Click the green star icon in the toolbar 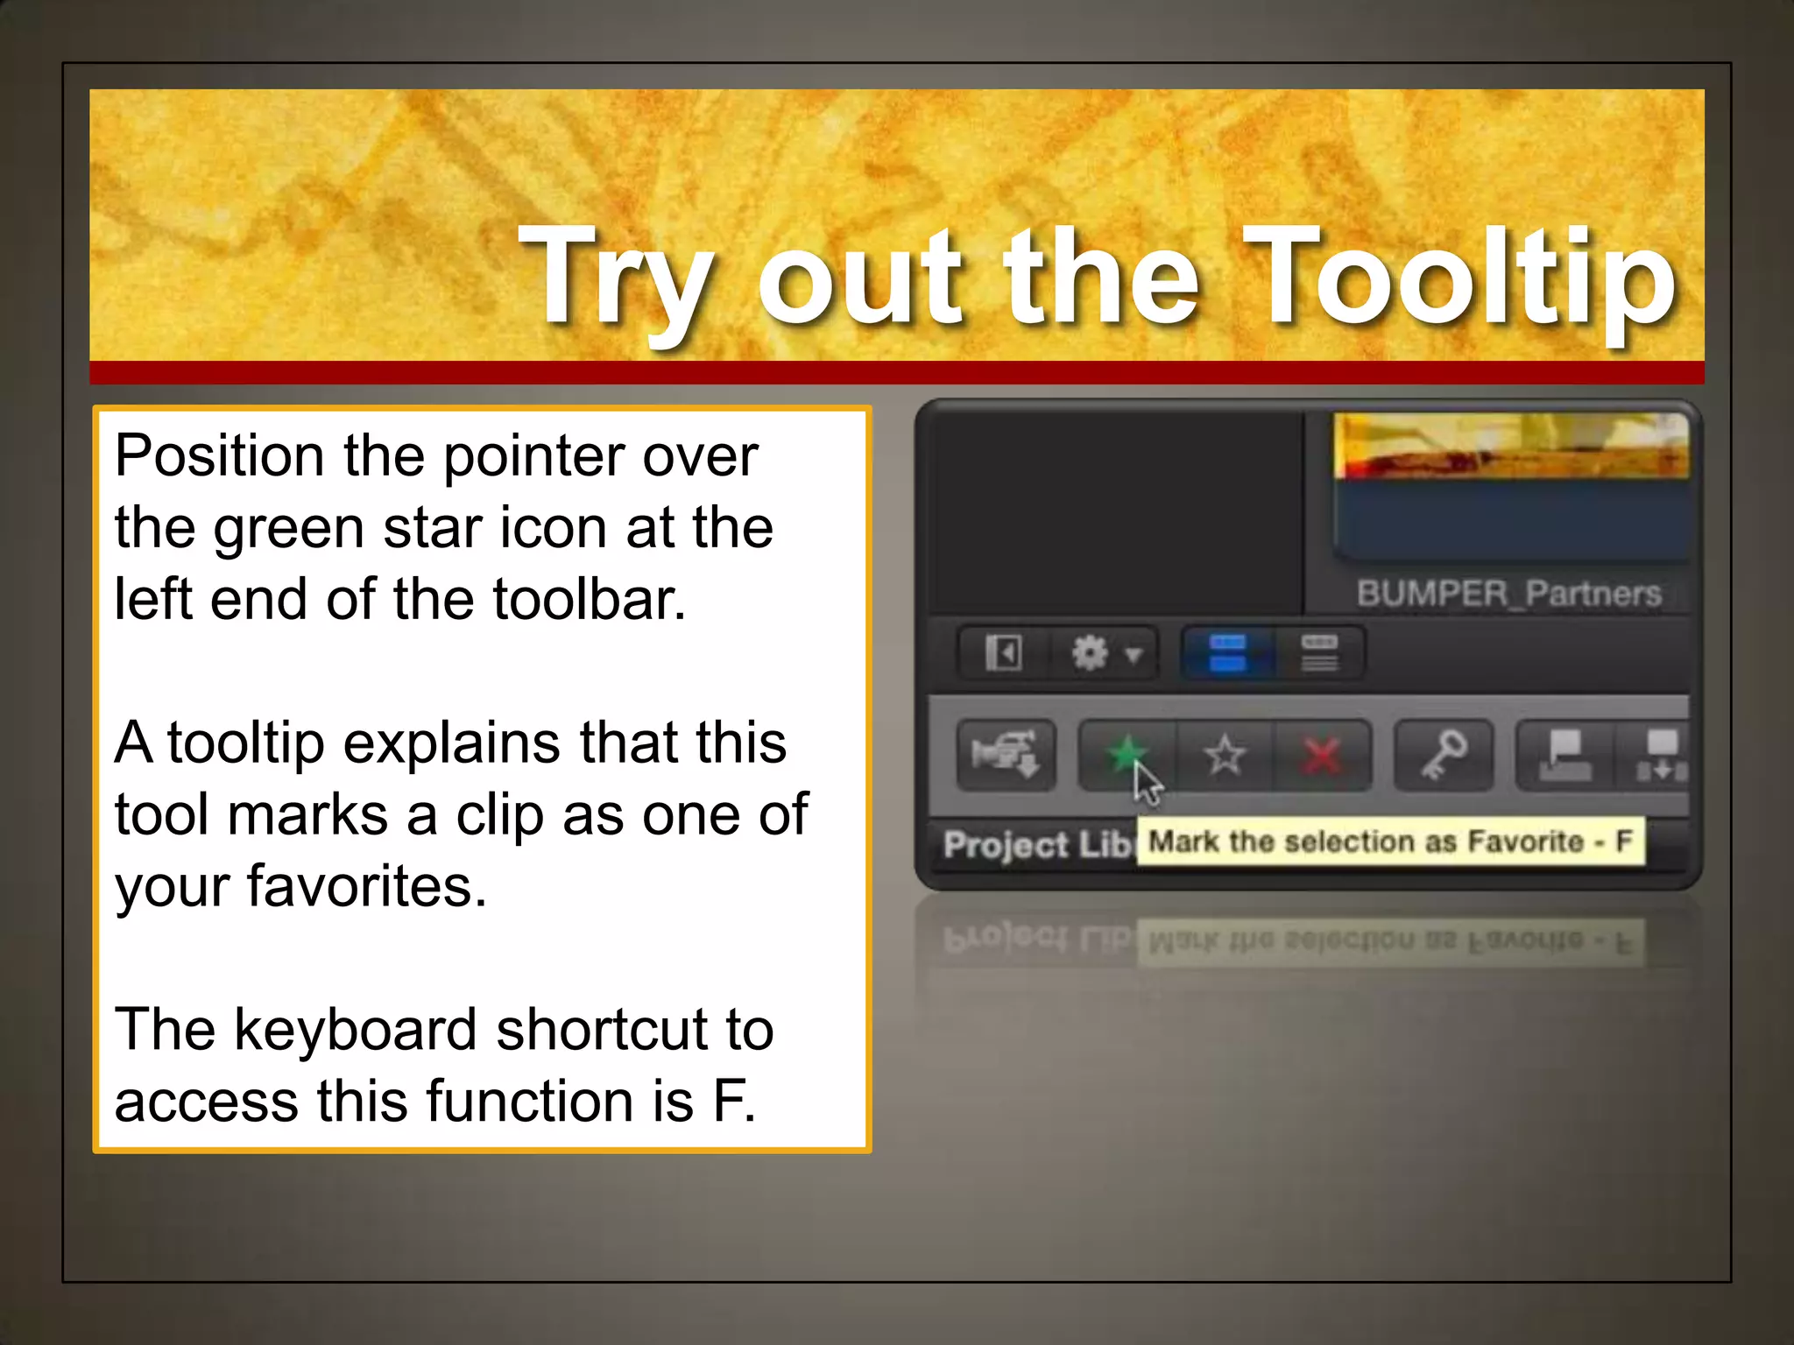tap(1126, 753)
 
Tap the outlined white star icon tap(1225, 755)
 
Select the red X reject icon tap(1322, 756)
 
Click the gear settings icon tap(1091, 653)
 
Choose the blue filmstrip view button tap(1227, 653)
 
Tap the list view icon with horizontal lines tap(1319, 653)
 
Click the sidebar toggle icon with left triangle tap(1004, 653)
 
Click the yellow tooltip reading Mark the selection tap(1390, 842)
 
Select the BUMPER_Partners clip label tap(1508, 594)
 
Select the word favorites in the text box tap(366, 887)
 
